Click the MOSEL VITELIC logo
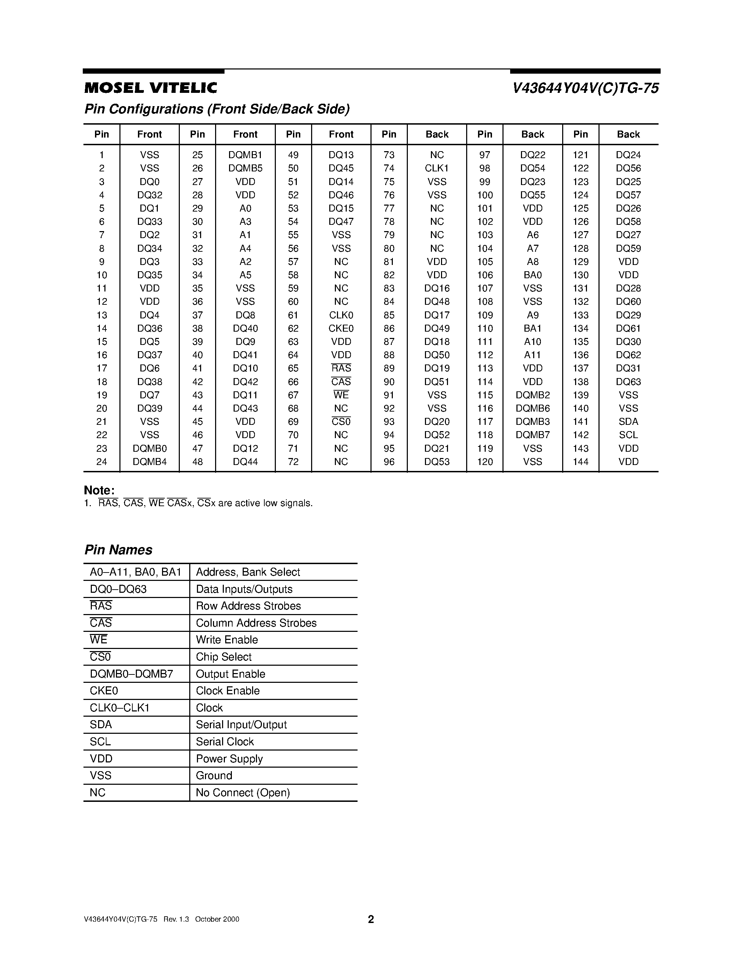[x=150, y=88]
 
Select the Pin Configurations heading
[x=217, y=109]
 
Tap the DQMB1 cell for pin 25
[x=245, y=155]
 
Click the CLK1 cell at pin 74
[x=436, y=168]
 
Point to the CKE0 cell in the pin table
[x=341, y=328]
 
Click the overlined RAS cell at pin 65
[x=341, y=368]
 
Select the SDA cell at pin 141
[x=628, y=422]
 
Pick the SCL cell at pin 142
[x=628, y=435]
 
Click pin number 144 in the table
[x=580, y=461]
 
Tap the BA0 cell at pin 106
[x=532, y=275]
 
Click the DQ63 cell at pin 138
[x=628, y=382]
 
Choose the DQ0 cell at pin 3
[x=149, y=182]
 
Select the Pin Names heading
[x=118, y=550]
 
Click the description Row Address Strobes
[x=248, y=606]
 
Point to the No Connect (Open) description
[x=243, y=792]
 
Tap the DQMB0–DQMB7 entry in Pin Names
[x=131, y=674]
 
